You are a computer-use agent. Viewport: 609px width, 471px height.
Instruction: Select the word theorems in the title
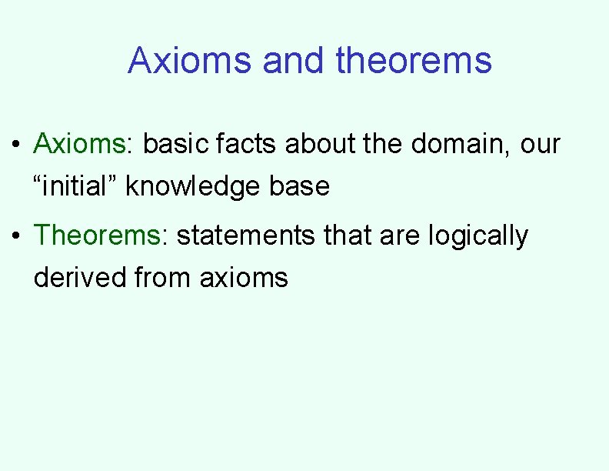point(414,60)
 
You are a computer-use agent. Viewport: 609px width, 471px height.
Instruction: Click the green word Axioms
point(79,143)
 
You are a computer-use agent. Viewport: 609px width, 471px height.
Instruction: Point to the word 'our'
point(540,145)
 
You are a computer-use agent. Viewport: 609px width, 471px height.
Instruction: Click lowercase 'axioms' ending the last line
point(244,277)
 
